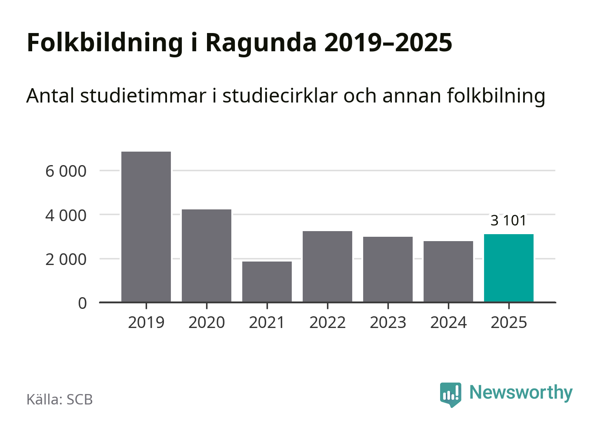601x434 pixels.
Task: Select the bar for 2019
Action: pyautogui.click(x=146, y=226)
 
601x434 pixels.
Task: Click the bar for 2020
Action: pyautogui.click(x=207, y=255)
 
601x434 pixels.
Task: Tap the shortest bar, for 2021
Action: pyautogui.click(x=267, y=282)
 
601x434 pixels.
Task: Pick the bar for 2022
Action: pyautogui.click(x=327, y=266)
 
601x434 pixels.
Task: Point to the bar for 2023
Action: pyautogui.click(x=388, y=269)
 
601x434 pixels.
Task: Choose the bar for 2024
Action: pyautogui.click(x=448, y=271)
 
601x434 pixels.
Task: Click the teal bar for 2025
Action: pyautogui.click(x=509, y=268)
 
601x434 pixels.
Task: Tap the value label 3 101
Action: pyautogui.click(x=508, y=221)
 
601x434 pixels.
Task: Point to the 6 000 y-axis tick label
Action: pyautogui.click(x=66, y=171)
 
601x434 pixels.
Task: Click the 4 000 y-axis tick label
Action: pyautogui.click(x=66, y=215)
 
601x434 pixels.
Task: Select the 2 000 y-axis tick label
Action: pyautogui.click(x=66, y=259)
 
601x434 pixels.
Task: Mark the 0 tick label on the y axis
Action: pyautogui.click(x=83, y=303)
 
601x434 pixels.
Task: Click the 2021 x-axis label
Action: pyautogui.click(x=267, y=323)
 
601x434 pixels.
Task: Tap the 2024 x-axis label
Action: pyautogui.click(x=448, y=323)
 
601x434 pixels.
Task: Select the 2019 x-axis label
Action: pyautogui.click(x=146, y=323)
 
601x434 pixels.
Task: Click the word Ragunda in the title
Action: pyautogui.click(x=260, y=43)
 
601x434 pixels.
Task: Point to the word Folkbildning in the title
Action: pyautogui.click(x=105, y=43)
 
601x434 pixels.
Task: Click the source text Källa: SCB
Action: pyautogui.click(x=60, y=399)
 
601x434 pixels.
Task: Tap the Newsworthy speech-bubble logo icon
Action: pyautogui.click(x=450, y=394)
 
